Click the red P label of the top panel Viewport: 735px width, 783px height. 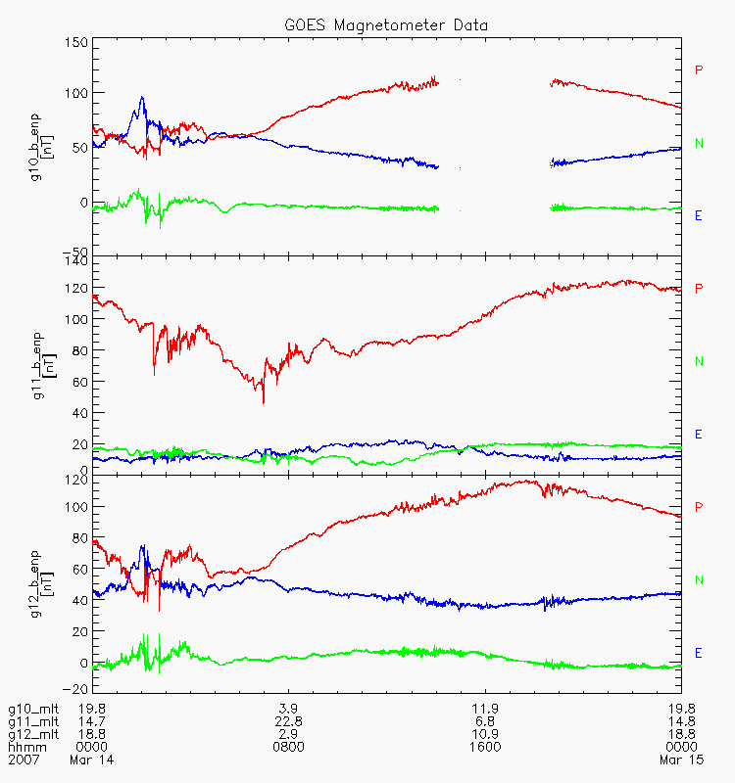pos(699,69)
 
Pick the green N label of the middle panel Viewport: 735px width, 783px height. pos(699,361)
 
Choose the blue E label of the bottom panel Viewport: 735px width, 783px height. pos(699,653)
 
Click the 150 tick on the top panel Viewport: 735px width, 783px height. pos(76,43)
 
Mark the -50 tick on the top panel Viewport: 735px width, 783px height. pos(75,252)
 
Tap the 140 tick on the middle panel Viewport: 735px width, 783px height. pos(76,260)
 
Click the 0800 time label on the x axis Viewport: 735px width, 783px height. pos(288,747)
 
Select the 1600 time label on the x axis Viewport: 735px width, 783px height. pos(485,747)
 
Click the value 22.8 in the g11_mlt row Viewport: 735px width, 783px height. pos(288,721)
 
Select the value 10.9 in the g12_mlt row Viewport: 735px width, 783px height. pos(485,734)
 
